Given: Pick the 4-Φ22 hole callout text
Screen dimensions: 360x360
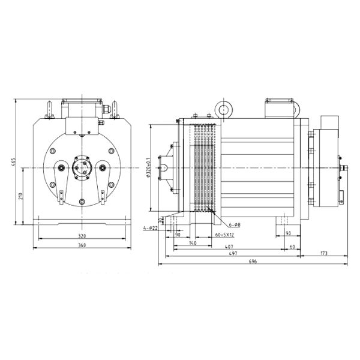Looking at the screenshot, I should [x=151, y=228].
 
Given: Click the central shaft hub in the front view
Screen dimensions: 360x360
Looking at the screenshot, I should [x=80, y=169].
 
